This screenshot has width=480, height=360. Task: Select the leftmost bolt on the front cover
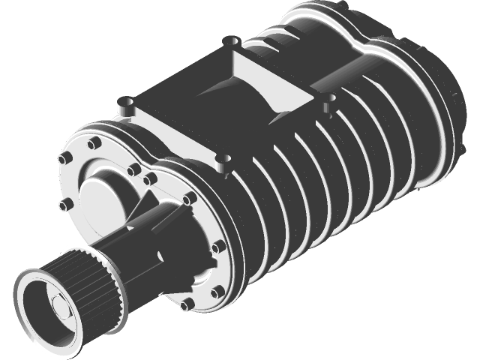point(63,159)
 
